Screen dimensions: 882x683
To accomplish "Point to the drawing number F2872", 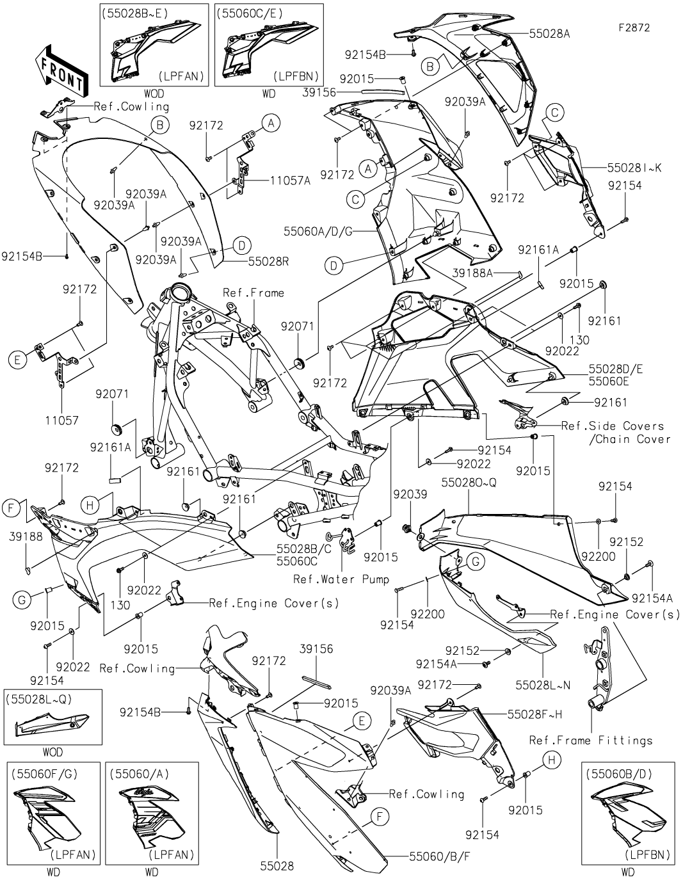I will click(634, 28).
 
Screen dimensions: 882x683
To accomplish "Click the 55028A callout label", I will click(549, 34).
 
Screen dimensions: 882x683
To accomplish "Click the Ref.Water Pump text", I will click(341, 580).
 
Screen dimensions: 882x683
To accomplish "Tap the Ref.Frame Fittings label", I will click(591, 741).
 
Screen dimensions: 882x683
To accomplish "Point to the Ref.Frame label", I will click(253, 293).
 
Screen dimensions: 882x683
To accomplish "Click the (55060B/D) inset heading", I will click(620, 773).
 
